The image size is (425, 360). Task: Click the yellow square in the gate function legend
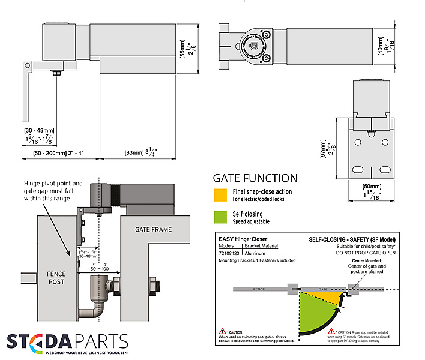click(220, 194)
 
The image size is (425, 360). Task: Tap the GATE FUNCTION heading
click(255, 178)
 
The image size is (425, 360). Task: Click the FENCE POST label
click(56, 278)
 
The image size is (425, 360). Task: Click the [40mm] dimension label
click(381, 44)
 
